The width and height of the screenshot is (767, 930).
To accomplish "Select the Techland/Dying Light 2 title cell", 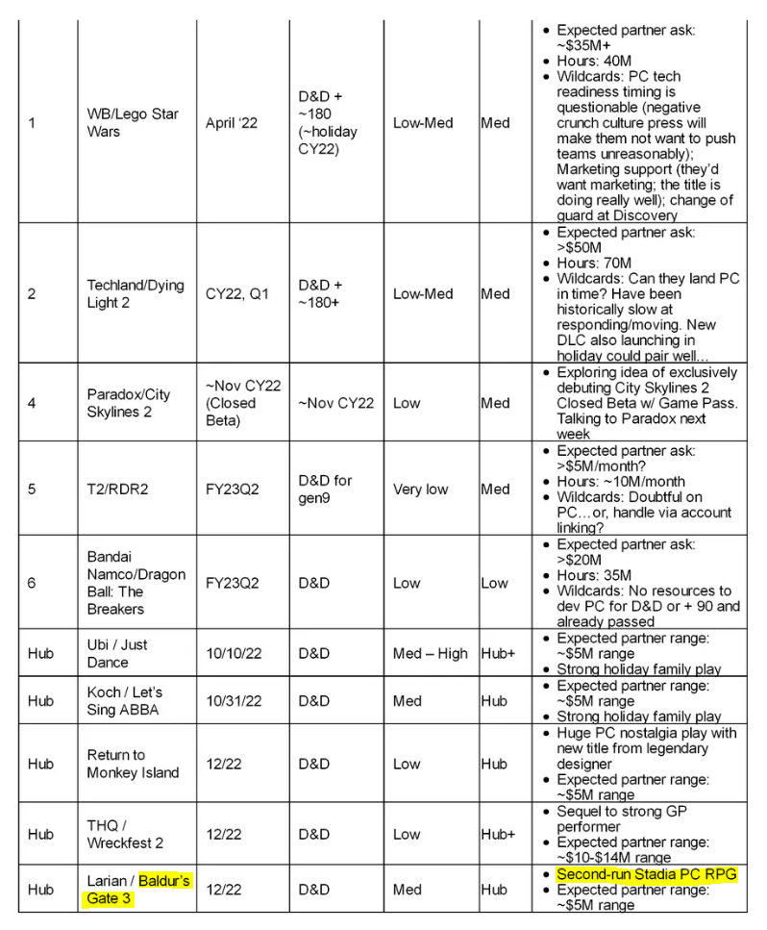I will (x=135, y=293).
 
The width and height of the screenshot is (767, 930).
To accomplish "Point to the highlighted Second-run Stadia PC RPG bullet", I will (x=646, y=874).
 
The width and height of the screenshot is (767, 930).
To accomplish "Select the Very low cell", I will (x=420, y=489).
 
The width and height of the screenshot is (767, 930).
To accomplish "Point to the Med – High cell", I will (x=430, y=653).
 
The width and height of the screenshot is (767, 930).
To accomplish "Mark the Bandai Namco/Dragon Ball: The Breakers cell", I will (x=136, y=583).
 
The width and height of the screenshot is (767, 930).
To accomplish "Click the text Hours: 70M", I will (x=594, y=264).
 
